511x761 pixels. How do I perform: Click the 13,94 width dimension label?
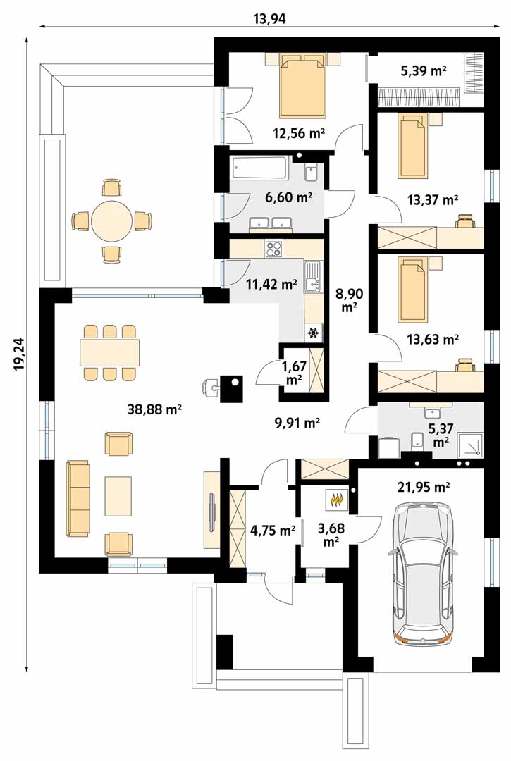270,18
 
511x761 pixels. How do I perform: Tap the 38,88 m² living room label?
154,410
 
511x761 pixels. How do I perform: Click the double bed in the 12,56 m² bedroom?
302,85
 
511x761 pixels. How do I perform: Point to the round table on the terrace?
111,221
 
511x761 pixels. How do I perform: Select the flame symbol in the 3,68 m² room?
336,499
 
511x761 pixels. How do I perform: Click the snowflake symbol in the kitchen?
314,333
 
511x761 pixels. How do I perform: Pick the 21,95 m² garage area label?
423,487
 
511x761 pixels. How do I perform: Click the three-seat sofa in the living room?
78,499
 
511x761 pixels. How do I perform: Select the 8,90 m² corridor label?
350,300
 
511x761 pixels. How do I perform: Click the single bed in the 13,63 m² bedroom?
414,290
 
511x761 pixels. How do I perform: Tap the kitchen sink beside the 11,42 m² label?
312,277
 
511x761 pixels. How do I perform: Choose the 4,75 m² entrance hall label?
272,531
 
